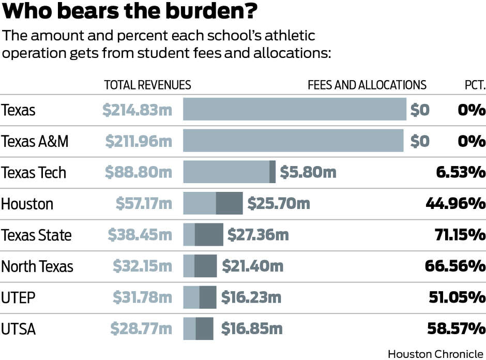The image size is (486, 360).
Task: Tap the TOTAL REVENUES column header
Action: click(147, 85)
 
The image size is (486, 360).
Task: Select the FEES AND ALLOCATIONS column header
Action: click(367, 85)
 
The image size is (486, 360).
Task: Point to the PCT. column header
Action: click(474, 85)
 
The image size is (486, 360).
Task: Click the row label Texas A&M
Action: click(35, 141)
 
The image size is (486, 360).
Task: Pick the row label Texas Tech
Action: click(34, 172)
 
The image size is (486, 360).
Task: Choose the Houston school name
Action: click(27, 203)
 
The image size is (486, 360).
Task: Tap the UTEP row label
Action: click(18, 297)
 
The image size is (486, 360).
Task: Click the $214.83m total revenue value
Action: click(137, 110)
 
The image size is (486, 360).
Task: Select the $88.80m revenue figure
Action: click(139, 172)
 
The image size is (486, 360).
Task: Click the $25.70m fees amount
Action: click(279, 203)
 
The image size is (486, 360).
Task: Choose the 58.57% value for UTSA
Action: click(457, 328)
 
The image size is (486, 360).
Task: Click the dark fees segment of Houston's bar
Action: click(229, 203)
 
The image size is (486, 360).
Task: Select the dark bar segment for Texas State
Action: click(209, 235)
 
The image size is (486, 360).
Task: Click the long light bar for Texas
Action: click(295, 110)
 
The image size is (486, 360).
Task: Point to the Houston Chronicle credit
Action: click(435, 354)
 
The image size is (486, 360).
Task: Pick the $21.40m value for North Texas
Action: click(253, 266)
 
